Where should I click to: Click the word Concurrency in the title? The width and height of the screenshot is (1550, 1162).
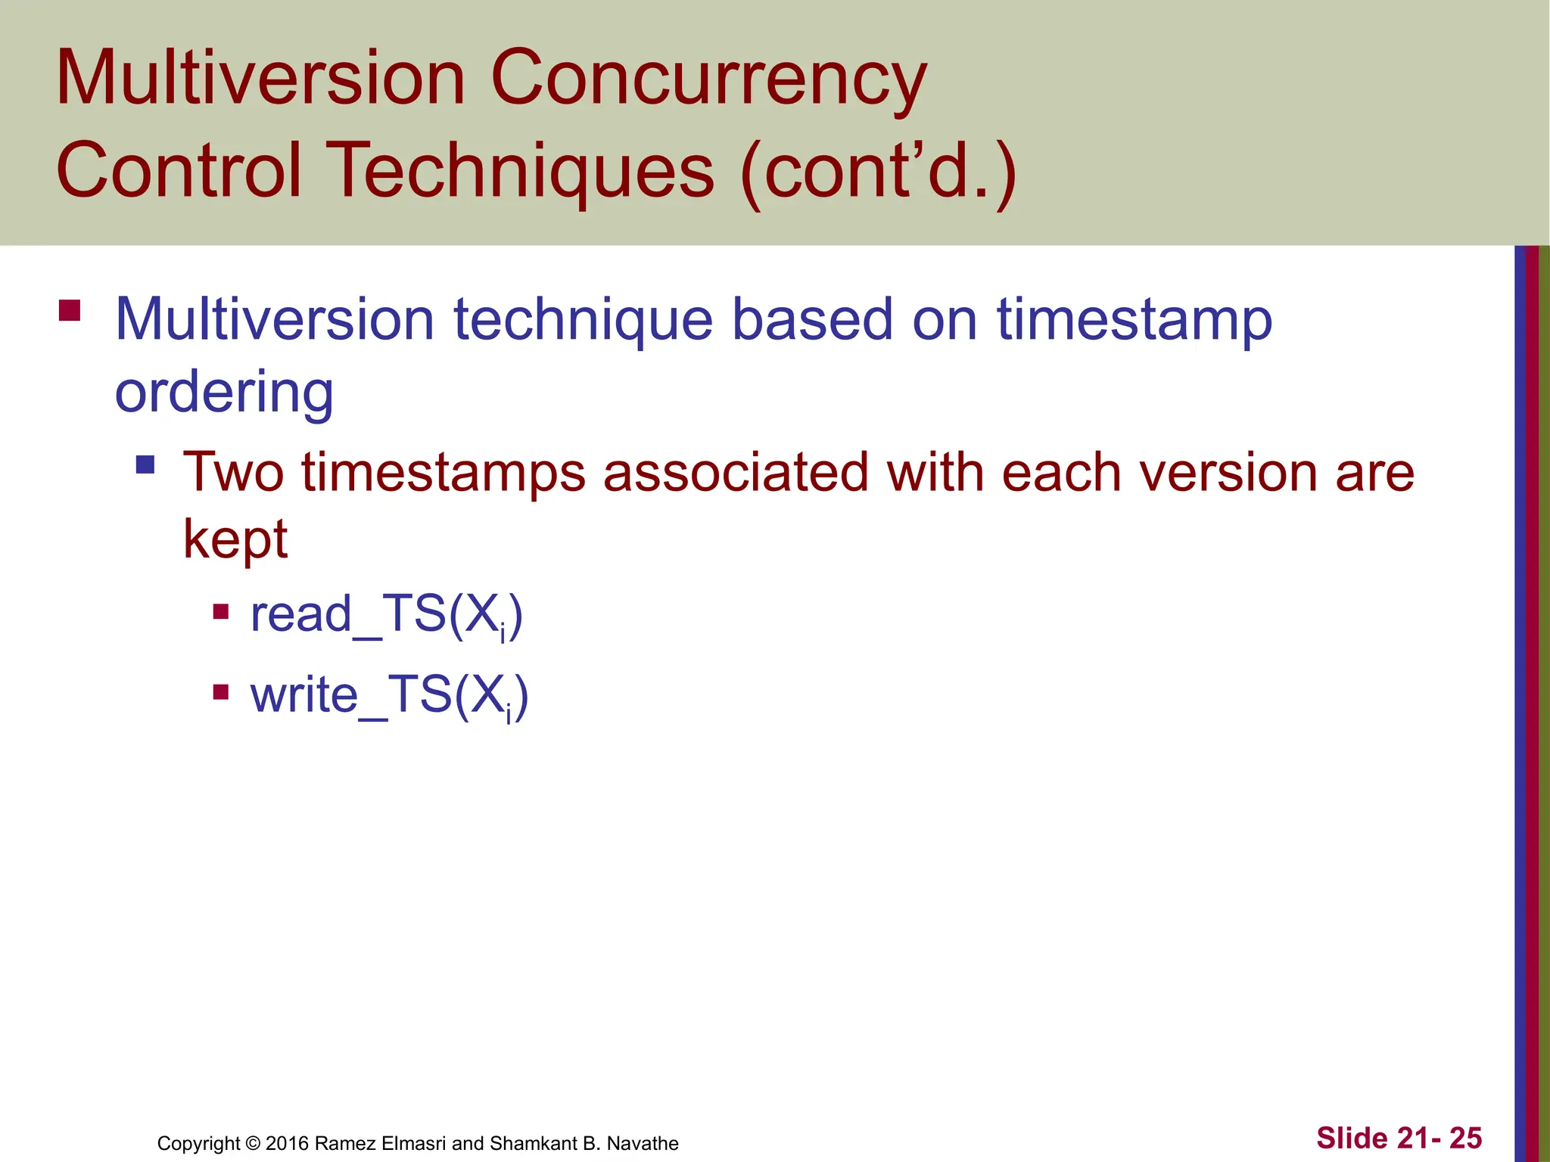[708, 79]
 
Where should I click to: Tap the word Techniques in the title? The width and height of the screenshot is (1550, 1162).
[523, 171]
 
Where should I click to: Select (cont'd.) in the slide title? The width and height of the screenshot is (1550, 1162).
[878, 171]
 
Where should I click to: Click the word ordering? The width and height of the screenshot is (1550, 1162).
[224, 393]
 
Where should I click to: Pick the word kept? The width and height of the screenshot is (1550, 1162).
[235, 540]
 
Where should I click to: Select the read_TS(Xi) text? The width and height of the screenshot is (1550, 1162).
[386, 614]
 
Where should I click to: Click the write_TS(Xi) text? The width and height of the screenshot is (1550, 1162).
[389, 695]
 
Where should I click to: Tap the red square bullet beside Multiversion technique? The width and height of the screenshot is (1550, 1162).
[70, 311]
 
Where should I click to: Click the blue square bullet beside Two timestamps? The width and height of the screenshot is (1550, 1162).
[145, 464]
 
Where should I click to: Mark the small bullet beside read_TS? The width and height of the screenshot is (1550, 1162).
[221, 611]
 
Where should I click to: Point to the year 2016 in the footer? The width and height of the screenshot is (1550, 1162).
[287, 1143]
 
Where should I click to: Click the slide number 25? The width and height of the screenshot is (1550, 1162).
[1465, 1138]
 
